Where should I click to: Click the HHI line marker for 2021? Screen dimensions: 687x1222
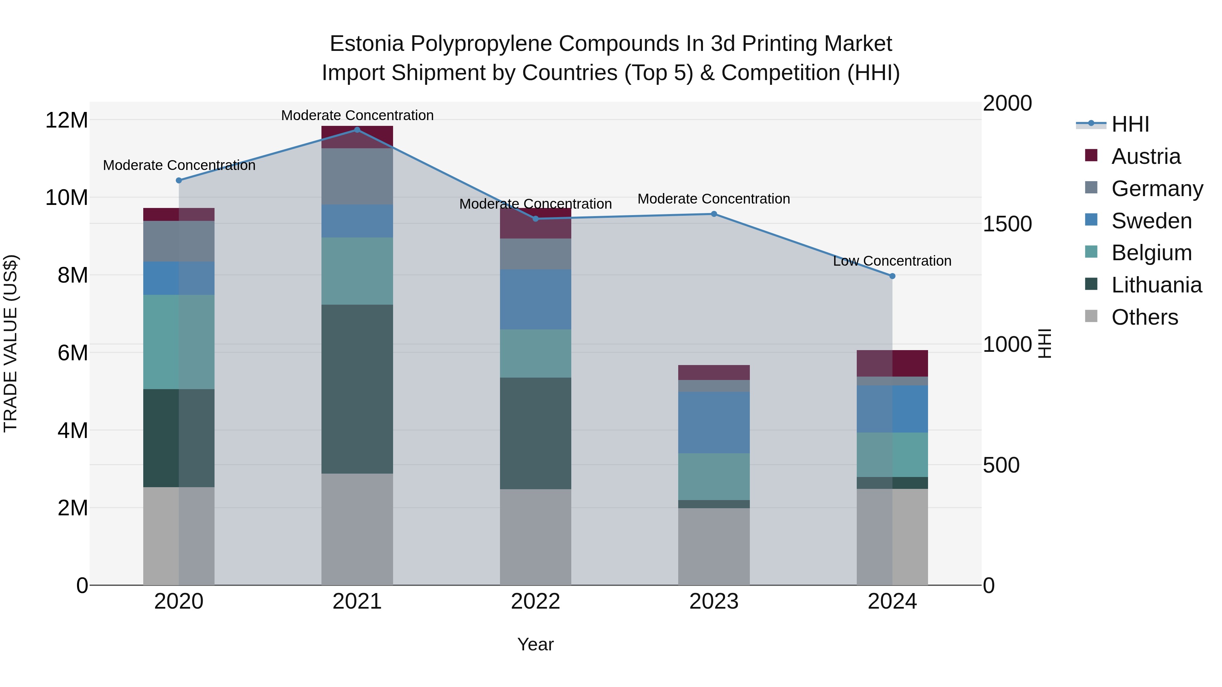pyautogui.click(x=357, y=130)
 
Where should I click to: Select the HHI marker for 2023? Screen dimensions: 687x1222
pyautogui.click(x=714, y=214)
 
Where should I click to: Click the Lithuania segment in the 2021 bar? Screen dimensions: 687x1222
pyautogui.click(x=357, y=389)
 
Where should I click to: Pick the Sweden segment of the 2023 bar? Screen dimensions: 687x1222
pyautogui.click(x=714, y=422)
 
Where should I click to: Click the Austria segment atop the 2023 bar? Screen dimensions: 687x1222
pyautogui.click(x=714, y=372)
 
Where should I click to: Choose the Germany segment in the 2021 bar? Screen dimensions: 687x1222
pyautogui.click(x=357, y=176)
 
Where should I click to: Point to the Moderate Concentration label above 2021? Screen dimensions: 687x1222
pyautogui.click(x=357, y=115)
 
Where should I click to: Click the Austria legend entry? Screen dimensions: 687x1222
pyautogui.click(x=1146, y=156)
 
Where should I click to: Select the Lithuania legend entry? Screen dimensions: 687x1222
pyautogui.click(x=1156, y=285)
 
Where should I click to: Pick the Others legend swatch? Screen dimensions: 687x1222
pyautogui.click(x=1091, y=316)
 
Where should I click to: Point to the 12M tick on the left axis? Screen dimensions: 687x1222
pyautogui.click(x=67, y=120)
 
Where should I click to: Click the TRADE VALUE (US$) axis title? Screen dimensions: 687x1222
pyautogui.click(x=11, y=343)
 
